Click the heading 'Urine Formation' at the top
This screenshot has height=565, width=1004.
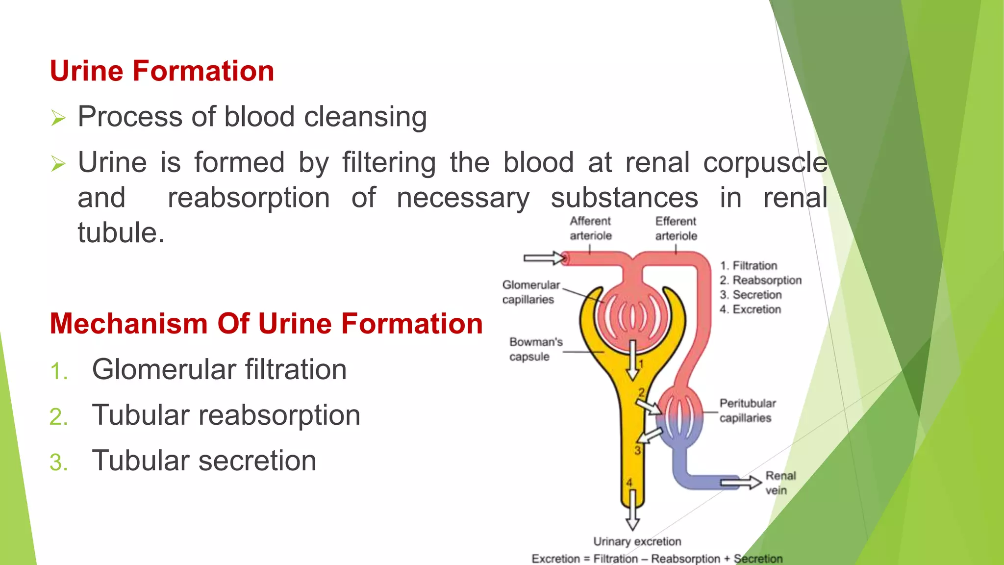(162, 71)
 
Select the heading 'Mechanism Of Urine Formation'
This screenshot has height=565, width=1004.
(266, 324)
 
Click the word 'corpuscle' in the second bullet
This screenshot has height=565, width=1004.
(765, 163)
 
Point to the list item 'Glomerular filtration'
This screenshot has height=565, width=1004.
(219, 369)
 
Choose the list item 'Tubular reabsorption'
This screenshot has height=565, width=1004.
(226, 415)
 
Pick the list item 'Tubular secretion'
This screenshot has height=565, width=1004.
(204, 461)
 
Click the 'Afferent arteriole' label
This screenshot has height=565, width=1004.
(590, 229)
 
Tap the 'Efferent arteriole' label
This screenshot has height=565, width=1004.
(676, 229)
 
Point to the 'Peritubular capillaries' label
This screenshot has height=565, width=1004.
(747, 411)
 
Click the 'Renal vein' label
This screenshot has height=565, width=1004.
(780, 483)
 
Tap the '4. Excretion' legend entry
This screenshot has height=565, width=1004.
(750, 309)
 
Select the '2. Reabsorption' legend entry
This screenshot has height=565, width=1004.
(760, 280)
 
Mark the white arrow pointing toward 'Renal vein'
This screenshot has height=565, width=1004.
(741, 483)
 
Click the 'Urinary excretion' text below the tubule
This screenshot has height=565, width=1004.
(637, 541)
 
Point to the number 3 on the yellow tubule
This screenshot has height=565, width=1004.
(637, 450)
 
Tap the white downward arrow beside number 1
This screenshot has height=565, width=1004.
(633, 360)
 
